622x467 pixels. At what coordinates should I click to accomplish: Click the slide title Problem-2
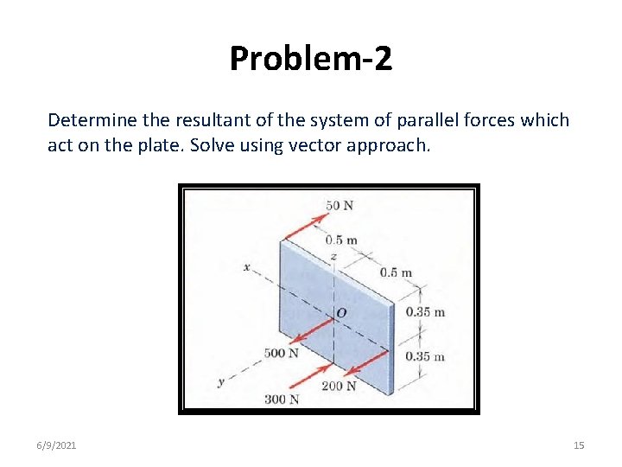(x=311, y=58)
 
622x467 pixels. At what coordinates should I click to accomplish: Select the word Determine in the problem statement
(x=86, y=119)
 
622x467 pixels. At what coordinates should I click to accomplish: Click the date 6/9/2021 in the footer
(x=56, y=445)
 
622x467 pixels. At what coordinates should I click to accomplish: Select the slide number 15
(x=579, y=445)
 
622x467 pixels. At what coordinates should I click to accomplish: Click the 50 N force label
(x=340, y=205)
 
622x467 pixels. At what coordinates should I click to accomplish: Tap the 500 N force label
(x=282, y=353)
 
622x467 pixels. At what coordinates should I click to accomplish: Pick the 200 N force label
(x=339, y=386)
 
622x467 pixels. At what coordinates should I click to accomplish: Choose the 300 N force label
(x=282, y=399)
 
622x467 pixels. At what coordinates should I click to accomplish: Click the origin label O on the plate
(x=341, y=312)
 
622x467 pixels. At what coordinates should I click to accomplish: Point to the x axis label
(x=246, y=268)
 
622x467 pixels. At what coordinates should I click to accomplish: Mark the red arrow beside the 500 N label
(x=311, y=331)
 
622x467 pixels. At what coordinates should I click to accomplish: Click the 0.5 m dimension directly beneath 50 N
(x=341, y=240)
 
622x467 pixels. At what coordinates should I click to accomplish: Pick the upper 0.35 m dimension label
(x=425, y=312)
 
